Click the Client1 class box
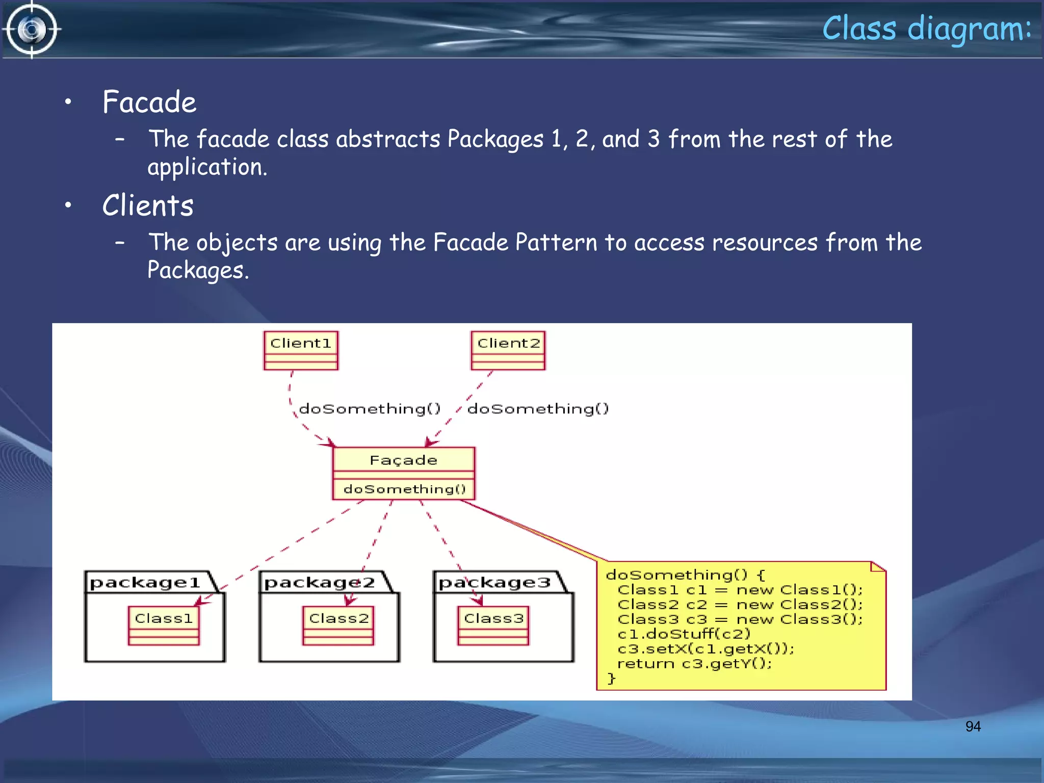(x=301, y=350)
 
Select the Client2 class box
(x=508, y=350)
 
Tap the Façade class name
(x=403, y=460)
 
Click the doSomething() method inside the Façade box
(x=404, y=489)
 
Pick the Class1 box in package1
(x=164, y=625)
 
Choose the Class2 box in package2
(x=338, y=625)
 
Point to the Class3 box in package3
(x=493, y=625)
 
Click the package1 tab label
(x=145, y=583)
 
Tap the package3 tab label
(x=494, y=583)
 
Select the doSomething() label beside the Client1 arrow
(x=370, y=409)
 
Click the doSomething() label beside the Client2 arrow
(x=538, y=409)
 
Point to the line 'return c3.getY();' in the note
(x=694, y=664)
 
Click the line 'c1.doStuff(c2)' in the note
(x=684, y=634)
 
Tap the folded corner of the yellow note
(x=878, y=567)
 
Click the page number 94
(x=973, y=726)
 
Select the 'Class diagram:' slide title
(x=926, y=29)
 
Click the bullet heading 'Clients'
(x=148, y=206)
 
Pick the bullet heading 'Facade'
(x=149, y=102)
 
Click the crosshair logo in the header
(x=32, y=30)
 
